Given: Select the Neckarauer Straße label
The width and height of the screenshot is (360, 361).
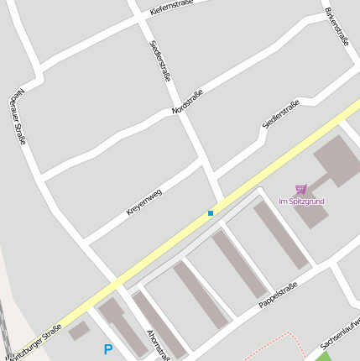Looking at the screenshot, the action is pyautogui.click(x=19, y=116).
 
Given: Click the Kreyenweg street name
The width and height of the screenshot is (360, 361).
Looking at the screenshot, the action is pyautogui.click(x=143, y=202).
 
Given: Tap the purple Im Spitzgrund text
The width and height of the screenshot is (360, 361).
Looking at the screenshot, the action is pyautogui.click(x=301, y=201).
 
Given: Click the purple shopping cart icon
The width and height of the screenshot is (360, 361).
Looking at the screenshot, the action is pyautogui.click(x=301, y=189).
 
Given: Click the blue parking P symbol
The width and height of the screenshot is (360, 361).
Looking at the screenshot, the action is pyautogui.click(x=107, y=349).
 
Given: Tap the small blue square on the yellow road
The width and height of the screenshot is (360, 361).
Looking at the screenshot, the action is pyautogui.click(x=211, y=213).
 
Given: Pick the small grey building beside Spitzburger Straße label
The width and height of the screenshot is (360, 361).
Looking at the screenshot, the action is pyautogui.click(x=78, y=331).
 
